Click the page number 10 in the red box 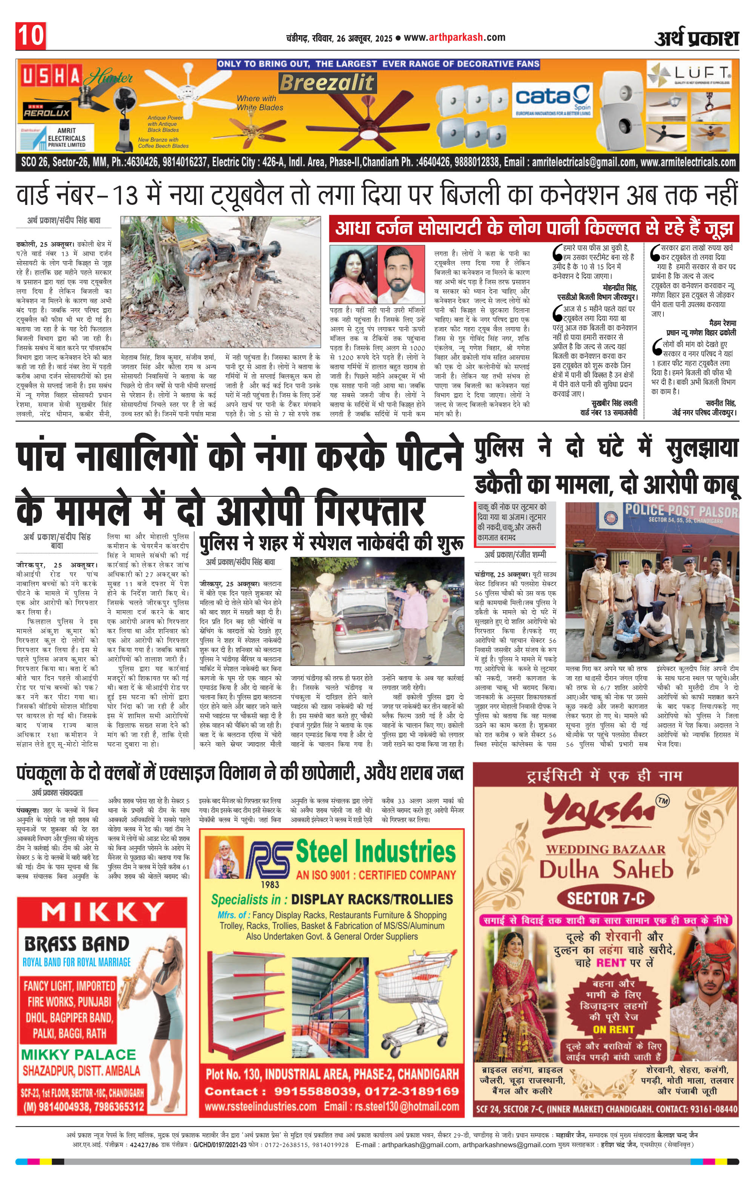tap(31, 36)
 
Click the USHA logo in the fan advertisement tap(51, 77)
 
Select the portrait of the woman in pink tap(353, 274)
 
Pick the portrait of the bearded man tap(401, 274)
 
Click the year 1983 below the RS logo tap(270, 885)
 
